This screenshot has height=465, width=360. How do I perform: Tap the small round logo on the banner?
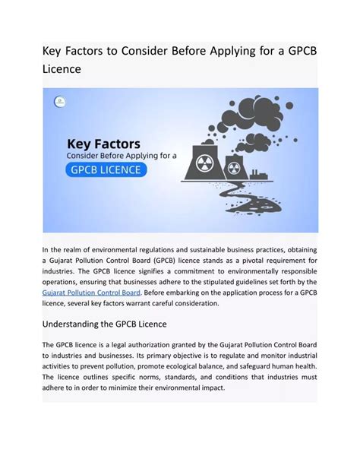coord(60,101)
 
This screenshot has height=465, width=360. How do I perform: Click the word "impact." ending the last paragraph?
coord(209,387)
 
